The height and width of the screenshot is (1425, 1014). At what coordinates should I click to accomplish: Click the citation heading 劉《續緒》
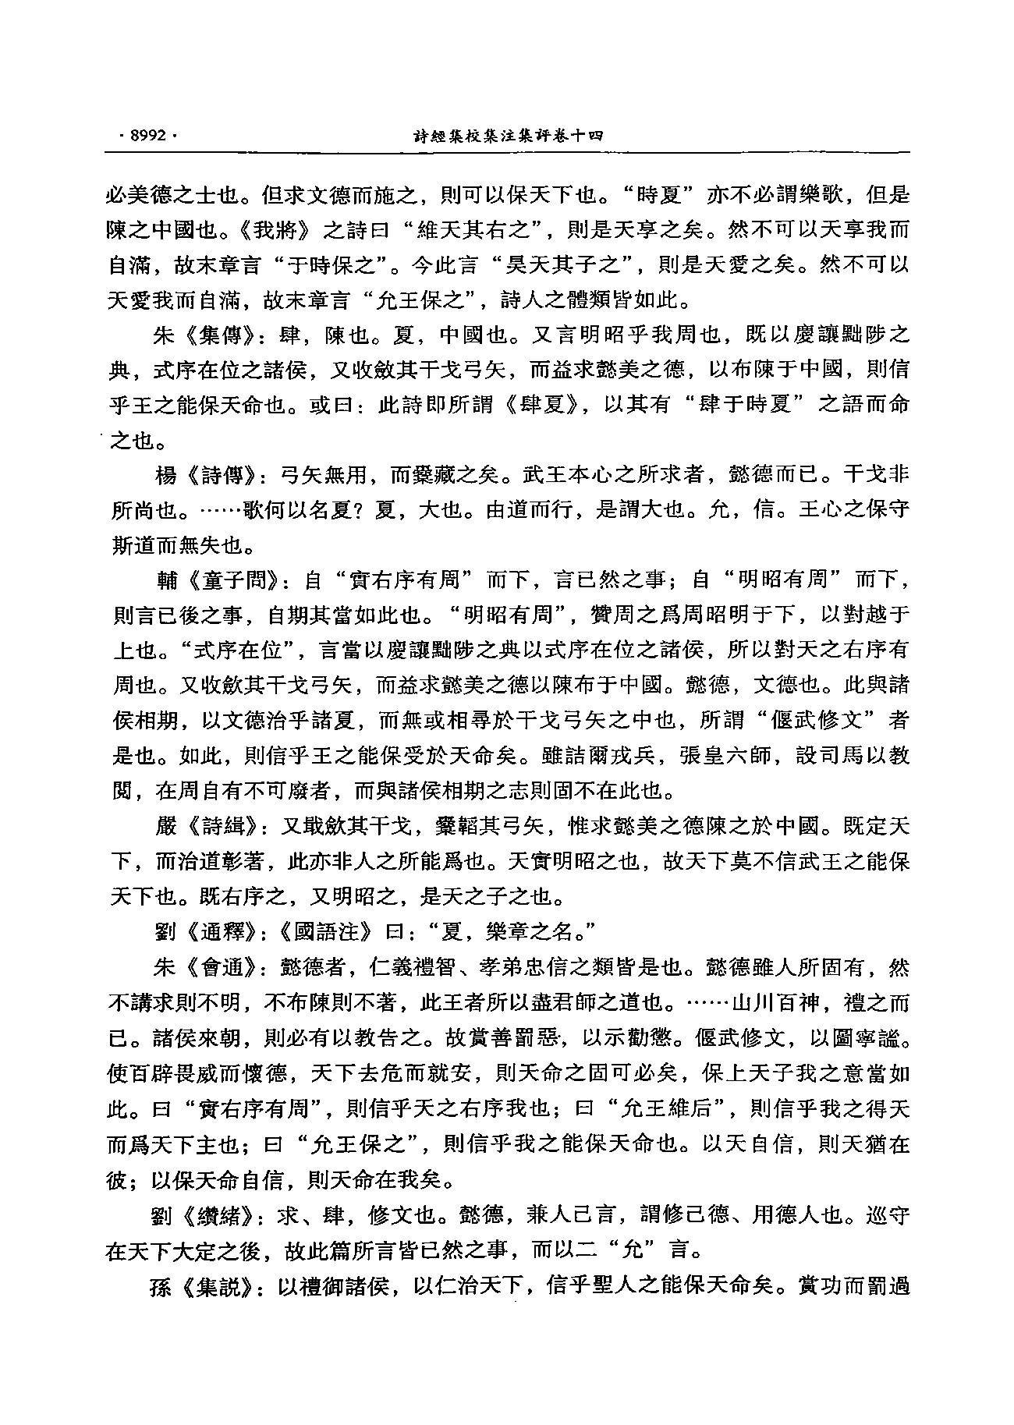pyautogui.click(x=204, y=1215)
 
